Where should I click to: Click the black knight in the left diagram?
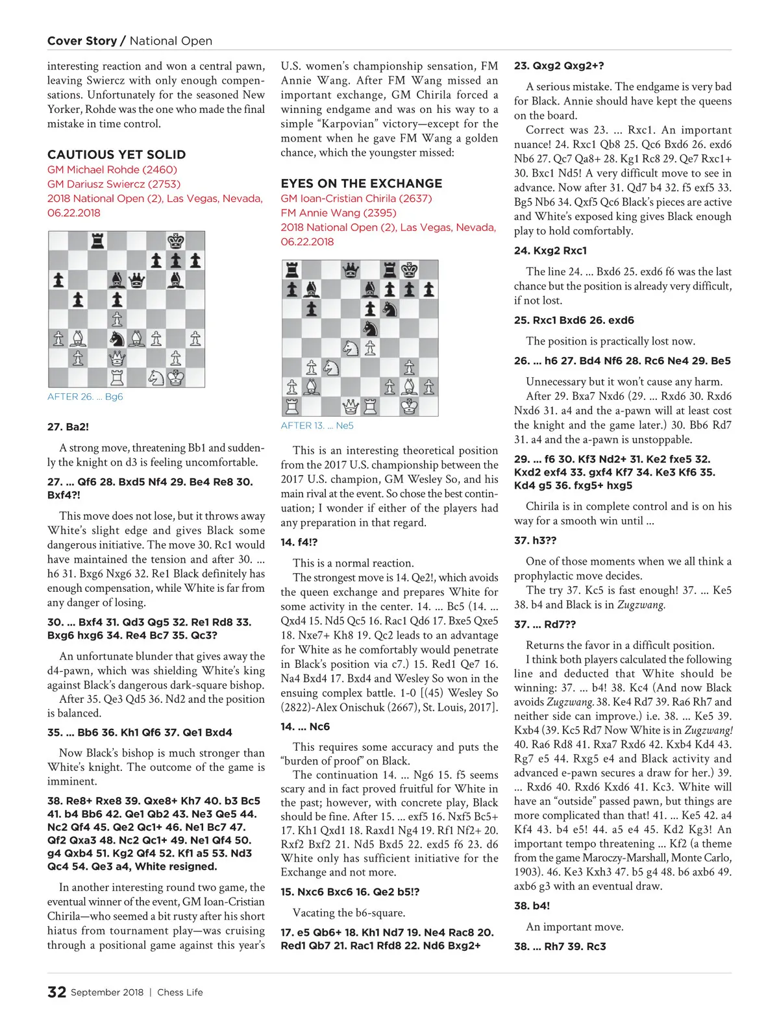pos(117,338)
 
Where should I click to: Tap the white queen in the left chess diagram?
pos(117,358)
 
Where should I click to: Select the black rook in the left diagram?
pos(97,241)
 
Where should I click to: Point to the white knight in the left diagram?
pos(156,377)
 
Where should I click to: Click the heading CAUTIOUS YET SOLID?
pos(116,154)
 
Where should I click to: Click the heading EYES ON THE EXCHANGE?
pos(362,184)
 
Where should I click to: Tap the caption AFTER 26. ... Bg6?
pos(85,397)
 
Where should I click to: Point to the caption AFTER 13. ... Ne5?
pos(317,426)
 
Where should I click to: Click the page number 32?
pos(56,992)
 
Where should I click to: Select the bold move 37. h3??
pos(535,540)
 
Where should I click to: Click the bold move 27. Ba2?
pos(68,426)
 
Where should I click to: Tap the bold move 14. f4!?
pos(299,542)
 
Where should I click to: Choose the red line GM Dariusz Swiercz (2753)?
pos(114,184)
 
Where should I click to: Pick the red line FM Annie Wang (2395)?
pos(338,213)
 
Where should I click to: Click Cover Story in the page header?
pos(82,41)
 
